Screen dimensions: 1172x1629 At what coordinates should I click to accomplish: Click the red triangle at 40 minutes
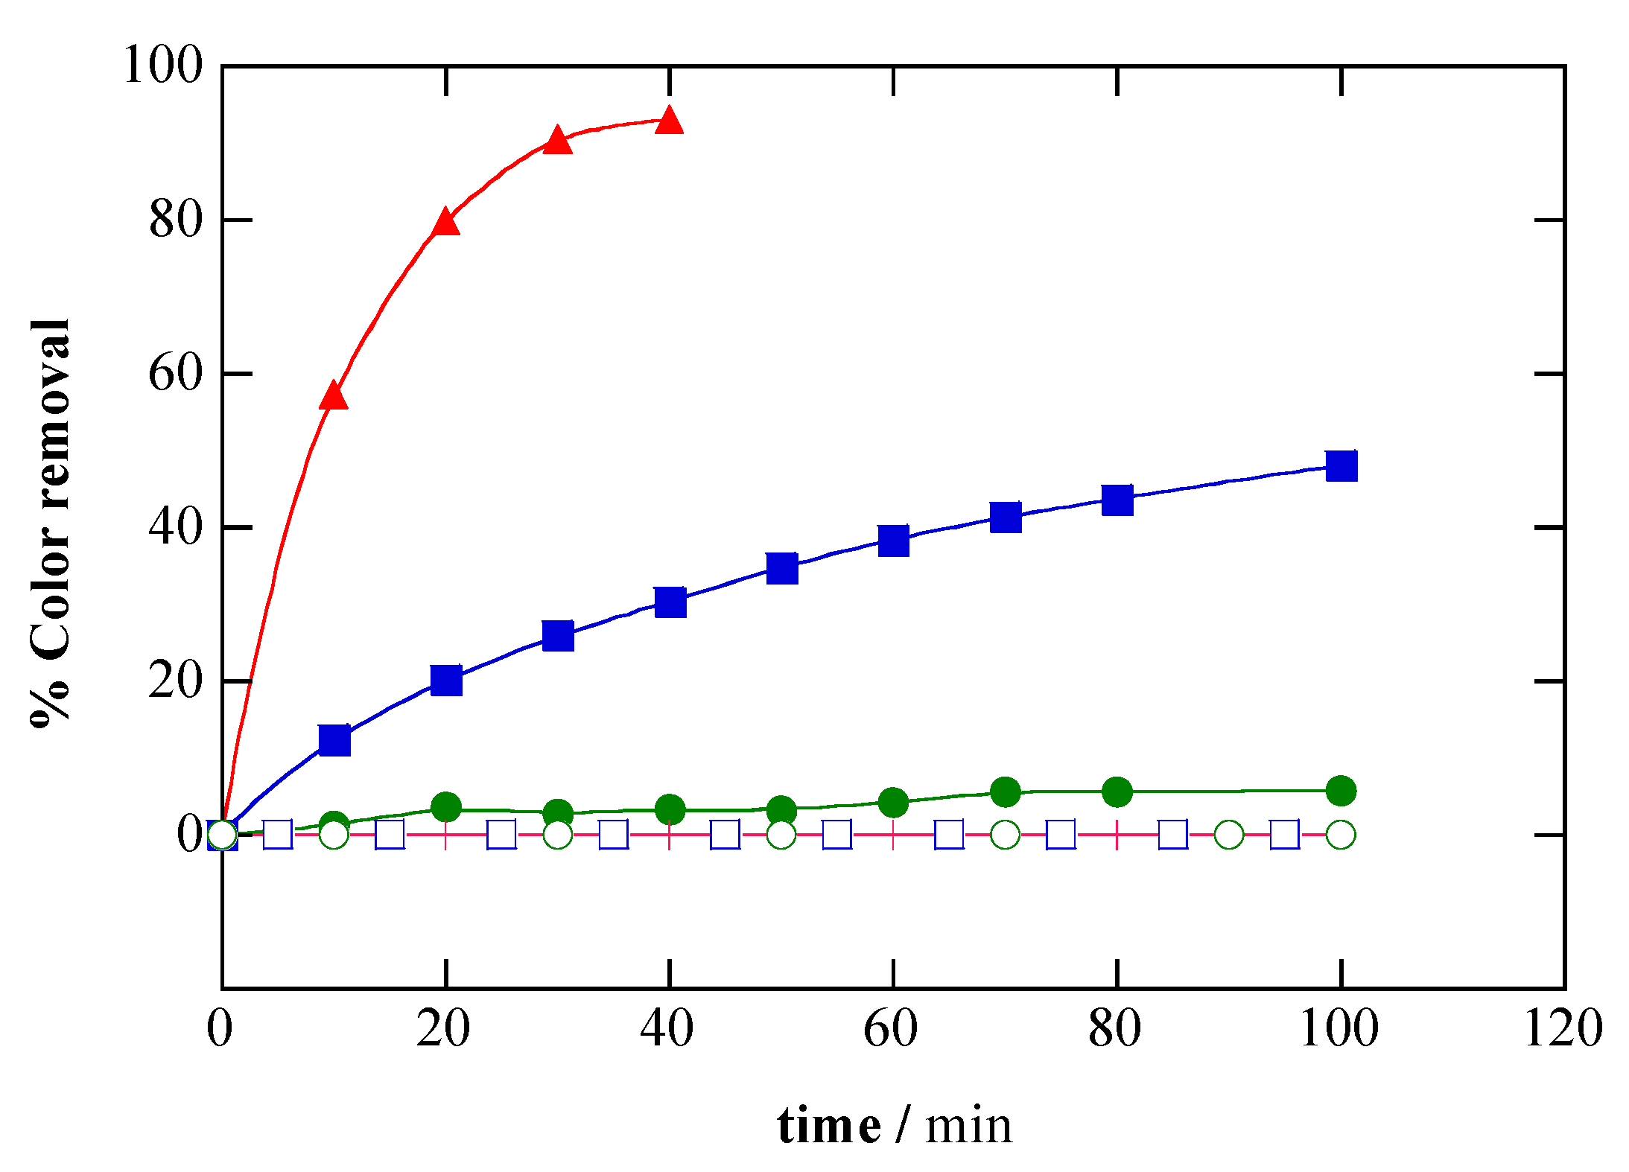click(669, 121)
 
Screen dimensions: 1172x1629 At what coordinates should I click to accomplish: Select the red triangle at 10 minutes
click(334, 397)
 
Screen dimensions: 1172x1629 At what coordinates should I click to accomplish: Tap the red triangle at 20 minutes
click(445, 223)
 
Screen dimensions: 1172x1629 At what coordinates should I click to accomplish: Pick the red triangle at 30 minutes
click(557, 141)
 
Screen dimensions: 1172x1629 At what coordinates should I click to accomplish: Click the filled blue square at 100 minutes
click(1341, 466)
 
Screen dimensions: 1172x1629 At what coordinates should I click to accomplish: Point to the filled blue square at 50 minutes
click(781, 568)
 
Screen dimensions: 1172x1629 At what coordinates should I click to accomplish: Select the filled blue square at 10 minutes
click(334, 739)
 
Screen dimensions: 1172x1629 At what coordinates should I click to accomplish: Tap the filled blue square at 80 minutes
click(1117, 500)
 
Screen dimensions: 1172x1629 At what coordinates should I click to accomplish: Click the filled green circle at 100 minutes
click(1341, 790)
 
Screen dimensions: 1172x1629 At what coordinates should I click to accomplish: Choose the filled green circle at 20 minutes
click(445, 806)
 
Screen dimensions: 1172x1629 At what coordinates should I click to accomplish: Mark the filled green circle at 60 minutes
click(893, 802)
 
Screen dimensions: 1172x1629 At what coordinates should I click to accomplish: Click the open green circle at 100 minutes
click(1341, 835)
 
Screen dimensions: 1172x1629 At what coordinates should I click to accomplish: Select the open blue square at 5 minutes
click(278, 835)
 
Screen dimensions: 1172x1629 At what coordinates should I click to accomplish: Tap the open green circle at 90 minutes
click(1229, 835)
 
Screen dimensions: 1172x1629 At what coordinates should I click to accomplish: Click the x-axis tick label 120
click(1563, 1030)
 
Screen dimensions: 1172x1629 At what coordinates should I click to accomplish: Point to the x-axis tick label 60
click(891, 1030)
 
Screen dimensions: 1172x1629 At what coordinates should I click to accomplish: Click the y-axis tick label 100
click(162, 66)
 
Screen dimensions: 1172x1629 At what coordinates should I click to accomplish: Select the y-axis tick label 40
click(175, 527)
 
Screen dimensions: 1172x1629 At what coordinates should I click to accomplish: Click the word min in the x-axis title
click(968, 1127)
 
